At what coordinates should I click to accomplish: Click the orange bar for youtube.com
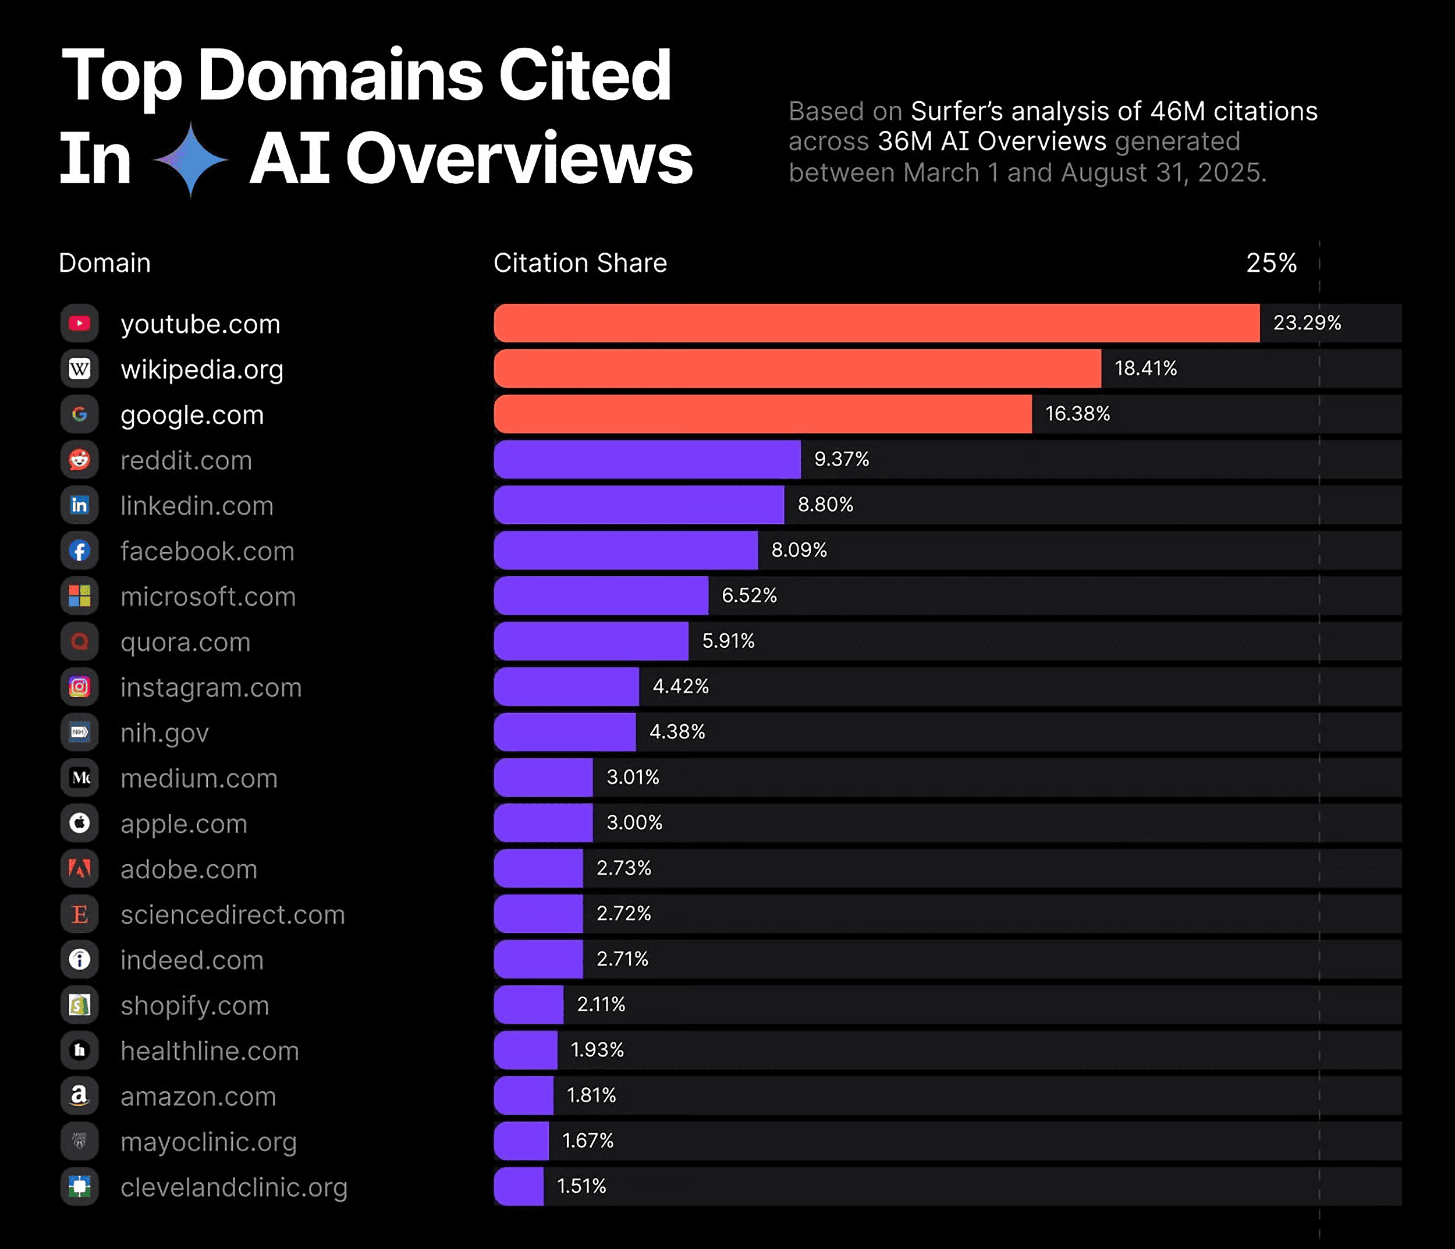876,323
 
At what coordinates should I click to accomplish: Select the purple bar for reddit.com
647,459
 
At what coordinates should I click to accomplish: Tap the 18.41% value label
1145,368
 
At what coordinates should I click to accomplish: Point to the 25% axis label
1271,262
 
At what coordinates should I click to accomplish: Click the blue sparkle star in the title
190,159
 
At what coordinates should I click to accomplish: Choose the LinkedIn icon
79,505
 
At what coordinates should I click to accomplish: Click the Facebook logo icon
79,551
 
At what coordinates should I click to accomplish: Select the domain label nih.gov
164,732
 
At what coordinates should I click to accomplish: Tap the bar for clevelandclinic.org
518,1186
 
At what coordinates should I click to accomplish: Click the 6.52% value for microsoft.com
748,595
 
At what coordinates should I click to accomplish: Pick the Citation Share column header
580,262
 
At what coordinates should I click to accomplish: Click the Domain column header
105,262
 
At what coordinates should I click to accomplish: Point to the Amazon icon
79,1095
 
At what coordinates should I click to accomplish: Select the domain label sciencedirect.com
232,914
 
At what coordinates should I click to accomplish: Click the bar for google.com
762,414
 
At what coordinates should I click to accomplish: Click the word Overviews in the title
518,159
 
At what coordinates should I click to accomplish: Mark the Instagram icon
79,687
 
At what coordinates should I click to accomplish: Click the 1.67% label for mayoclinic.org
587,1140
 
